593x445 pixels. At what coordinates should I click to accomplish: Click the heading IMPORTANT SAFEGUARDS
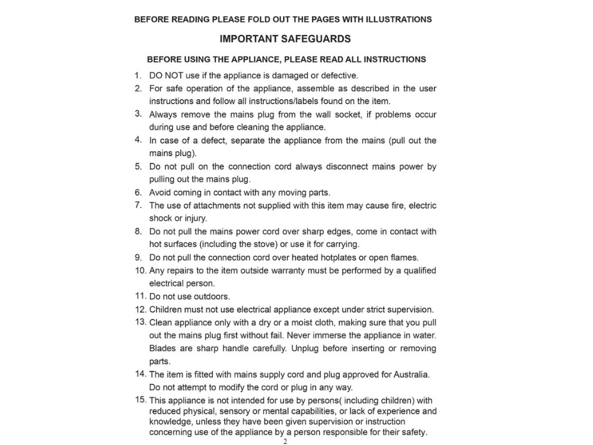(x=285, y=39)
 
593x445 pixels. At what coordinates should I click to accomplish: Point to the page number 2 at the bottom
(x=285, y=441)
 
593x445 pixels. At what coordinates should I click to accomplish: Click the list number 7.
(x=138, y=205)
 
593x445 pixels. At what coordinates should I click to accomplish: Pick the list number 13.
(x=140, y=322)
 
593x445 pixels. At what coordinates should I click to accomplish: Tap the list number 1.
(x=138, y=75)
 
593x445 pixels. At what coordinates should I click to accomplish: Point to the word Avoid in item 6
(x=160, y=192)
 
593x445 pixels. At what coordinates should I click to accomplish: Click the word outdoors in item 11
(x=212, y=297)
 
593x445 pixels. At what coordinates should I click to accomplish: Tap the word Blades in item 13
(x=162, y=348)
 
